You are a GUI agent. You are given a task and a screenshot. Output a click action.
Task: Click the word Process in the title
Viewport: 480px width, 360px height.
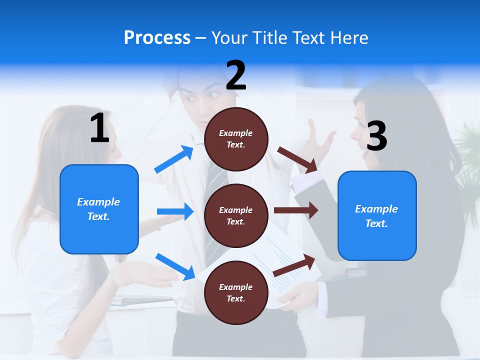157,38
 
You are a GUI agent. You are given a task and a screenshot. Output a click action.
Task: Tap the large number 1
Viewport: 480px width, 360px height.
99,128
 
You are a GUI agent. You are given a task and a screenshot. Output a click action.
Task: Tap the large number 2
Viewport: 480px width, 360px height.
236,75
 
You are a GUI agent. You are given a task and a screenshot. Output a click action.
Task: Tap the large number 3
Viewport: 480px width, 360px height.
376,136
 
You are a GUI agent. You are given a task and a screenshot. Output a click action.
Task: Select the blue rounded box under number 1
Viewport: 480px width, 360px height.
99,209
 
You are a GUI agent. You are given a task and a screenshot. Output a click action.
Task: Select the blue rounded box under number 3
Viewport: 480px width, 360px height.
377,215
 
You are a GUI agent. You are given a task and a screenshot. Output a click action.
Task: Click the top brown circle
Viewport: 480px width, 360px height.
236,139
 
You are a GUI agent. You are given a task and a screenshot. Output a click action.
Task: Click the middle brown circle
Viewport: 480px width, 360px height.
236,215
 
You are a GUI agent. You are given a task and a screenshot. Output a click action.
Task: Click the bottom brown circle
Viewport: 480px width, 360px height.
236,292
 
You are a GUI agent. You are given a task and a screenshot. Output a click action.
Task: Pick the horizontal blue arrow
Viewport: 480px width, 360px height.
175,211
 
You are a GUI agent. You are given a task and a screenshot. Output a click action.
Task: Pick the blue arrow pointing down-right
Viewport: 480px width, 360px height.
175,266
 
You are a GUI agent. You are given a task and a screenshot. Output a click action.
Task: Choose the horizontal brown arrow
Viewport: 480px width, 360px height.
296,210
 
